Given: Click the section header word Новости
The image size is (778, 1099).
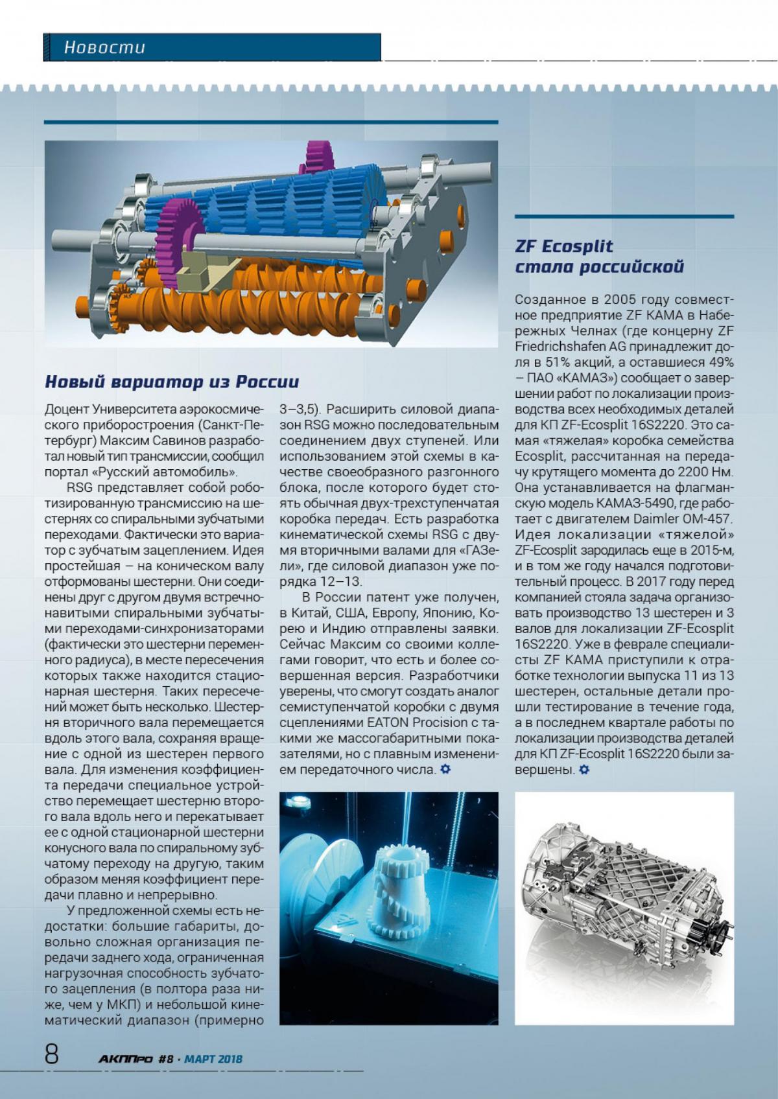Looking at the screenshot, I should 104,47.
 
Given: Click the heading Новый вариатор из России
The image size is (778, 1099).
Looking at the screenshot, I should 172,382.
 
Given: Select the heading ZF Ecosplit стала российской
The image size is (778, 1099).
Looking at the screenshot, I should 599,257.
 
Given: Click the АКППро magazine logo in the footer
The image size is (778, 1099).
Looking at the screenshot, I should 126,1059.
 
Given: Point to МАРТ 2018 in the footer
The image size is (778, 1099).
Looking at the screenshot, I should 213,1059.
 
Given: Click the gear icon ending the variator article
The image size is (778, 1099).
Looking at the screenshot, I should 445,769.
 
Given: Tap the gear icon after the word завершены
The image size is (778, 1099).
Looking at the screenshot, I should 584,770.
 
